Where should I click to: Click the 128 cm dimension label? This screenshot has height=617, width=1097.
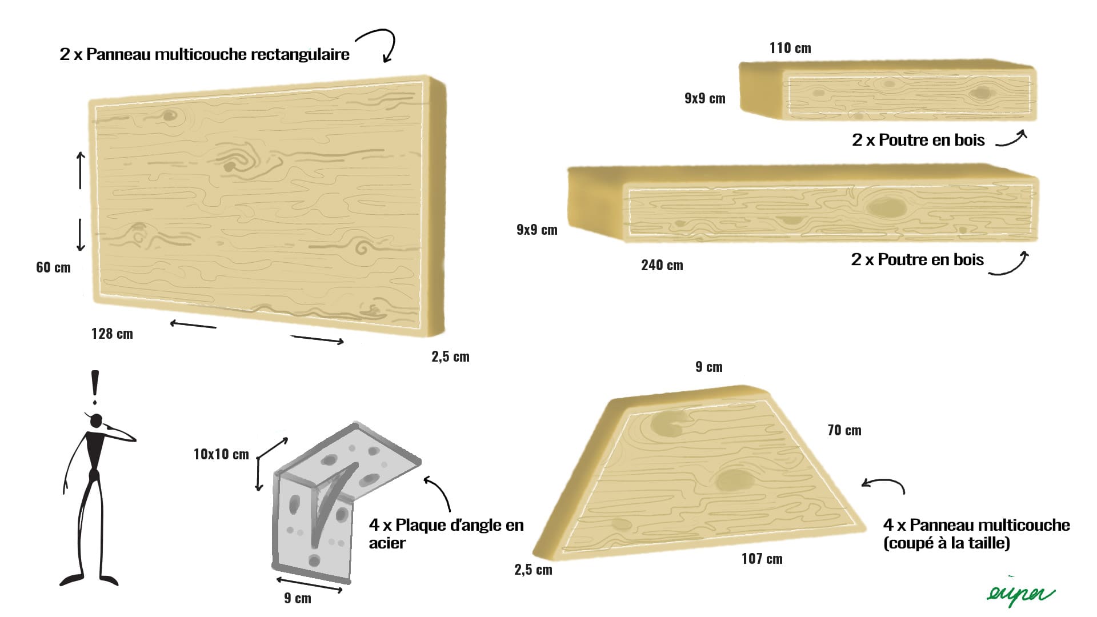[x=112, y=334]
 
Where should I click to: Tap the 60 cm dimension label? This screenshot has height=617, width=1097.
[x=53, y=267]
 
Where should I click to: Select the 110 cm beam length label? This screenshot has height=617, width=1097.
[x=790, y=48]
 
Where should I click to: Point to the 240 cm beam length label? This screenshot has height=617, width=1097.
[x=662, y=265]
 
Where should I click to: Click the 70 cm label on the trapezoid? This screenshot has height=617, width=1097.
[x=844, y=430]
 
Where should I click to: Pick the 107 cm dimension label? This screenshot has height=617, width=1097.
[x=762, y=559]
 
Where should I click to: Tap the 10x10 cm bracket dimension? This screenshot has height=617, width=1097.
[x=221, y=454]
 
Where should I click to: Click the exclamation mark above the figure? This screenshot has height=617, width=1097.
[x=95, y=387]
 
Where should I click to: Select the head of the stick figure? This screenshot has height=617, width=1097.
[x=97, y=420]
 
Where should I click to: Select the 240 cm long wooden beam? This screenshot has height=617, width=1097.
[x=803, y=203]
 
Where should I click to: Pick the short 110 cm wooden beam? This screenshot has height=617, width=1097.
[x=887, y=90]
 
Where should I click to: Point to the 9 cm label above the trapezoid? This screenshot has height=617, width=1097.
[x=708, y=367]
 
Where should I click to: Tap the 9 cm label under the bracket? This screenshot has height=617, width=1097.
[x=298, y=598]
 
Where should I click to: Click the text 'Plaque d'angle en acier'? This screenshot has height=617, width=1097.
[x=446, y=534]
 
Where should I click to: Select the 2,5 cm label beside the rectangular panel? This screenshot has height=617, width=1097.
[x=450, y=357]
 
